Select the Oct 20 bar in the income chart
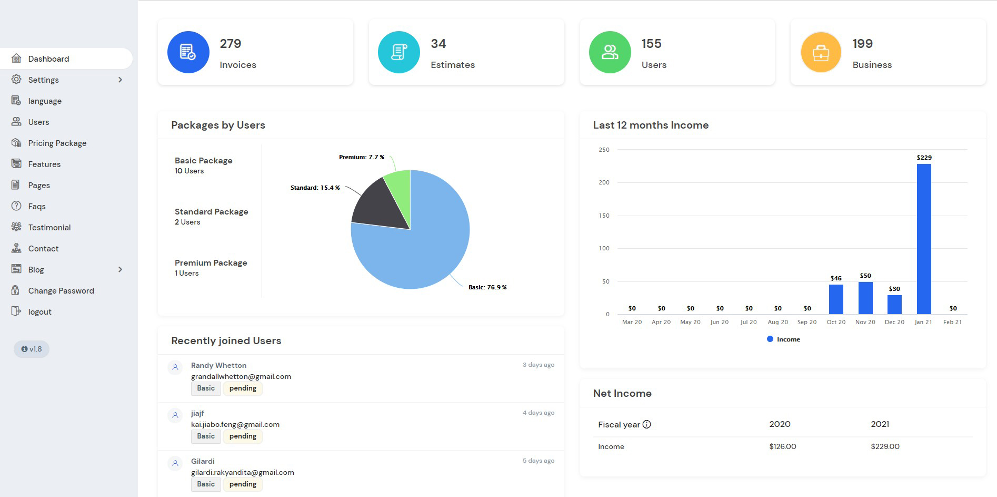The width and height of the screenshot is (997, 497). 836,299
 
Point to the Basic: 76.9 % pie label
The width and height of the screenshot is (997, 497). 487,287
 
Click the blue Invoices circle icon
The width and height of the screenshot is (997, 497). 188,52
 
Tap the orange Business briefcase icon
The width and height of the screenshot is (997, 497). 821,52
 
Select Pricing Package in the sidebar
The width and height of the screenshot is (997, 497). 57,143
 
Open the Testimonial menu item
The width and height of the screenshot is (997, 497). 49,227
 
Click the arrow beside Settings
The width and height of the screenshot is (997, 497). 121,80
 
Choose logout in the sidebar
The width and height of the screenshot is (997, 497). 39,311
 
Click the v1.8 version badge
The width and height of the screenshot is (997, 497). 32,349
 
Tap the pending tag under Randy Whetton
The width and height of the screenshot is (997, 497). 243,388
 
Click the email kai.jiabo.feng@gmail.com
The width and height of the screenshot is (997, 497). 235,424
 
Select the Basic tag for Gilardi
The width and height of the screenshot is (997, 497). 206,484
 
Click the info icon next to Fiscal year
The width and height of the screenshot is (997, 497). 647,424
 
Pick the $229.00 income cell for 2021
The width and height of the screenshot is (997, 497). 885,446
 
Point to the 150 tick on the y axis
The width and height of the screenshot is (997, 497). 604,216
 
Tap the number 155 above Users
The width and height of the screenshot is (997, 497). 651,44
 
